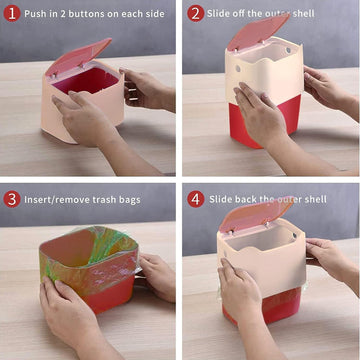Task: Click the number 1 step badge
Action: pos(12,13)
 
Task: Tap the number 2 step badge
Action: pos(196,13)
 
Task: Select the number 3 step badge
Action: pos(12,198)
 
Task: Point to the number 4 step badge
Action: pos(196,198)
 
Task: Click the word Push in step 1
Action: pos(37,14)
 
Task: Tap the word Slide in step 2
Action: pos(222,14)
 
